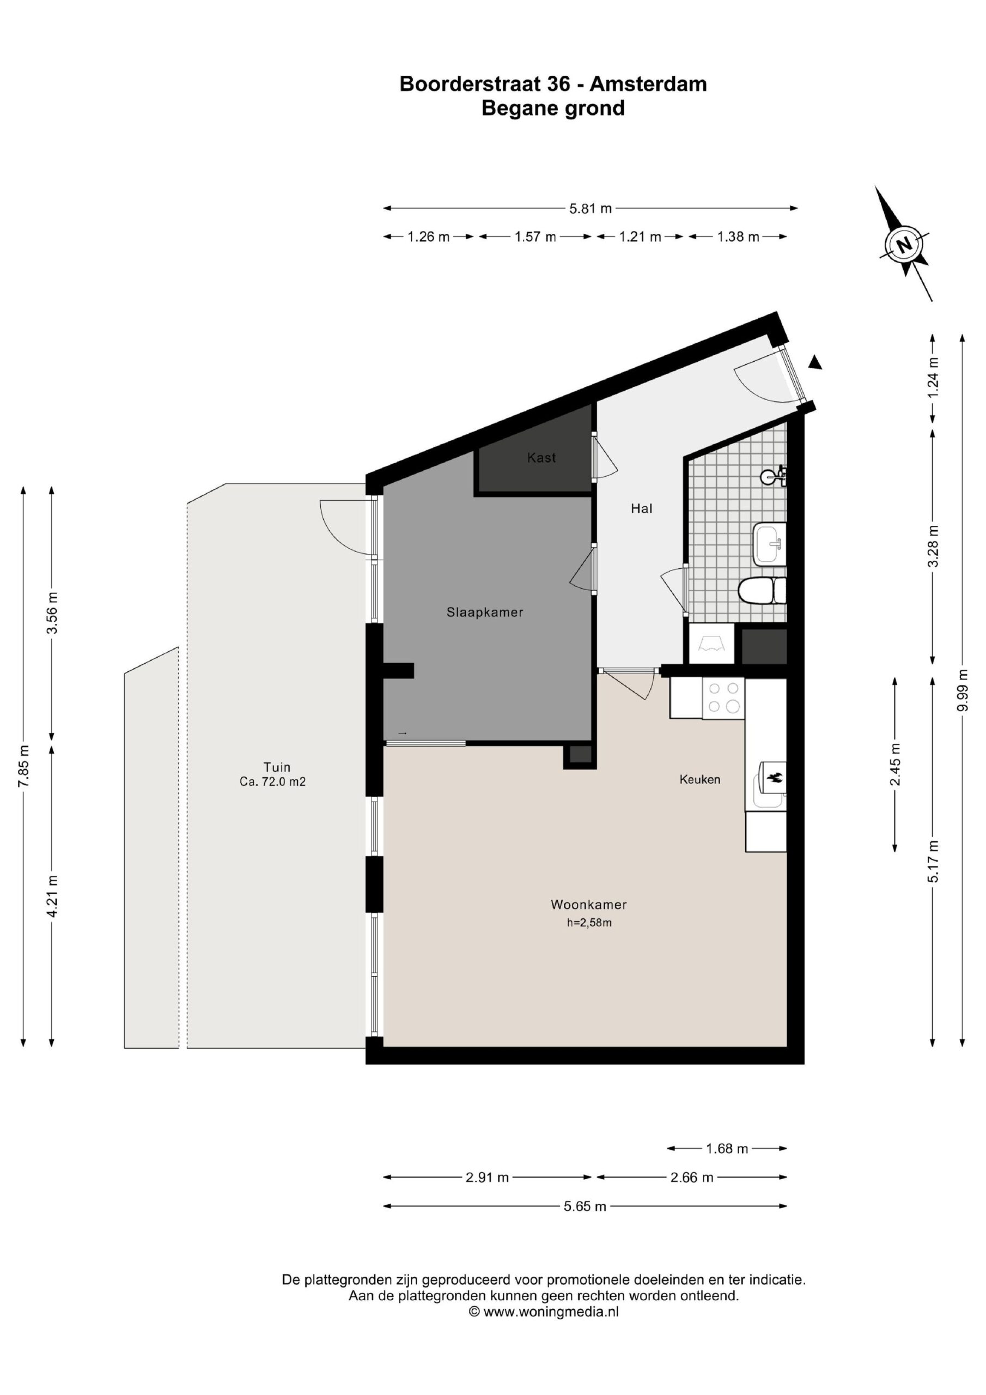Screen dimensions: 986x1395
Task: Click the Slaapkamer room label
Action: (485, 612)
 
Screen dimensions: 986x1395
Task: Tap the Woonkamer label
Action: (589, 905)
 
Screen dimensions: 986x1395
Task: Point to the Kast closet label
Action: (541, 458)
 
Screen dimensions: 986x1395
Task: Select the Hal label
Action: (642, 508)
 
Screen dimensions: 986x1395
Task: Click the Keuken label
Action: (700, 780)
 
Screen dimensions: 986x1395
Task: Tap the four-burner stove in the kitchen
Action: (723, 698)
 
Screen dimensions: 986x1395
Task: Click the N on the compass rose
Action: (905, 245)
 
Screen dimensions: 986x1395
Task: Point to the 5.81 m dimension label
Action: (590, 208)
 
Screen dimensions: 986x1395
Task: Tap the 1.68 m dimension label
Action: (727, 1148)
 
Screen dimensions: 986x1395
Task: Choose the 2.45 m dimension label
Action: (895, 764)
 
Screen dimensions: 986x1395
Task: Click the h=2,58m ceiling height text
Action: (589, 923)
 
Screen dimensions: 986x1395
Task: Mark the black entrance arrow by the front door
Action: (815, 363)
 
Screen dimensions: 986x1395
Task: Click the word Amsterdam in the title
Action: (648, 84)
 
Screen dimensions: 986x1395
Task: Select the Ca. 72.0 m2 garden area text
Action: (273, 782)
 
